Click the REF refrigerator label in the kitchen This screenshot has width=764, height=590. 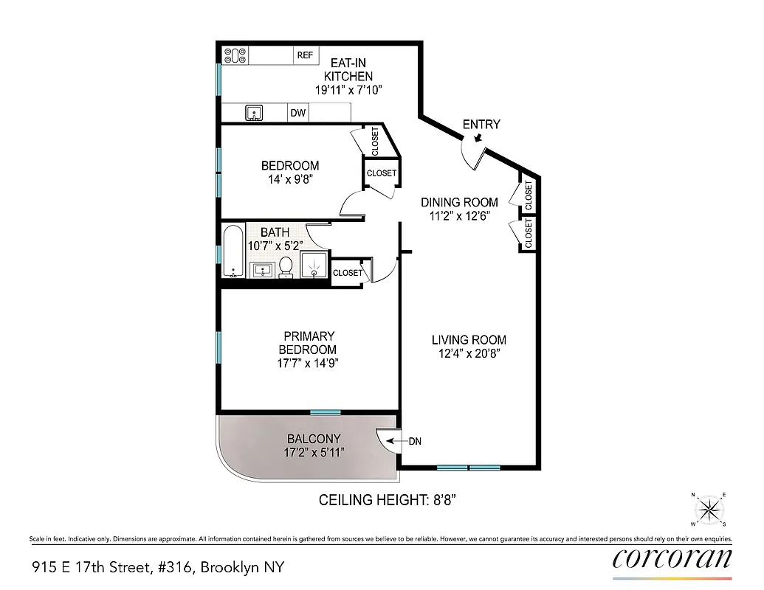point(305,55)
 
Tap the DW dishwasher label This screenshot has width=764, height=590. point(298,113)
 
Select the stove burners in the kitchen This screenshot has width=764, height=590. point(235,55)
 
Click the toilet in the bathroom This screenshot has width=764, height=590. point(286,266)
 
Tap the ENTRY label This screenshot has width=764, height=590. point(481,125)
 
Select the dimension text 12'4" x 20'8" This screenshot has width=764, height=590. point(469,354)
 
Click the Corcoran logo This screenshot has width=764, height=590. point(672,558)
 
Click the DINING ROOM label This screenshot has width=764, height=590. point(459,202)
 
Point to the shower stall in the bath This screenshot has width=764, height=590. point(316,264)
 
